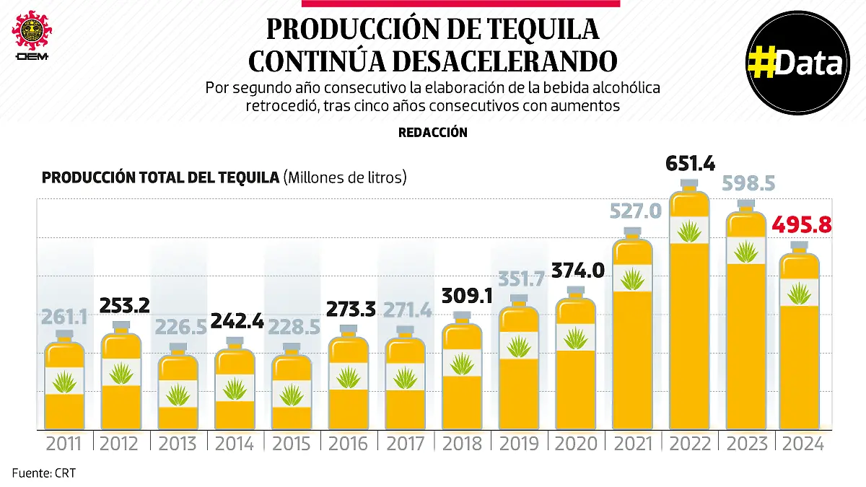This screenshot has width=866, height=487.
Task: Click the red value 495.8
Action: (802, 225)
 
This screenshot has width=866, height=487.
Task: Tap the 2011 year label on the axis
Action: (63, 444)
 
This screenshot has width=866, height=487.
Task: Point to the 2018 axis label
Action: (462, 444)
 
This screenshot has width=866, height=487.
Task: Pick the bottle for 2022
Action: (689, 310)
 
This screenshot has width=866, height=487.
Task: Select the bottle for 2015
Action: (292, 390)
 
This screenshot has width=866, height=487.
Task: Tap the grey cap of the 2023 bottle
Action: (745, 204)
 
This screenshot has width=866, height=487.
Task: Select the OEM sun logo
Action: (31, 30)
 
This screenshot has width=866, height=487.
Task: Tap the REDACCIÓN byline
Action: (432, 133)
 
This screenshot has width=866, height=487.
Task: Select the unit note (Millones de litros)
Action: (345, 177)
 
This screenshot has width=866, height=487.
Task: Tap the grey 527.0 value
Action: (632, 211)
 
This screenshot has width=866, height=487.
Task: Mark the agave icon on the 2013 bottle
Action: (177, 394)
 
